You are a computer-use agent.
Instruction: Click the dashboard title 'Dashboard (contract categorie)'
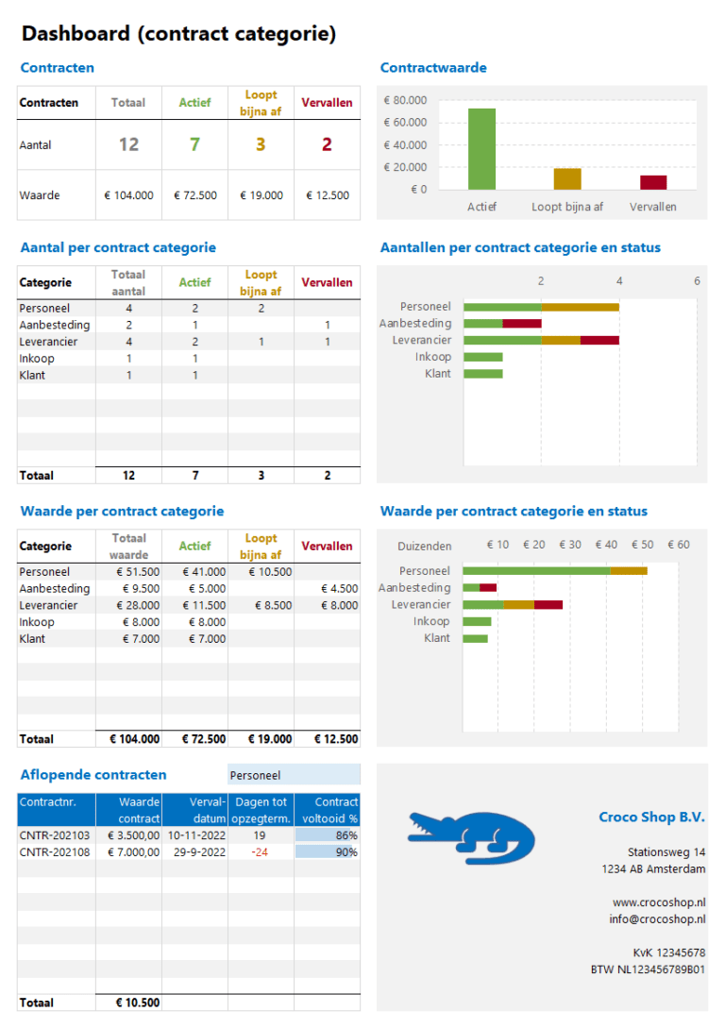coord(178,35)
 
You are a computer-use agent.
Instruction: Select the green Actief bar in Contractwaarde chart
coord(481,149)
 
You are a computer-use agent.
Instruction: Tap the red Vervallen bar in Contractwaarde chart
coord(653,182)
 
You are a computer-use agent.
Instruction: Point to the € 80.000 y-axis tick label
coord(405,100)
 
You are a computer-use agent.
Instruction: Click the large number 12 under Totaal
coord(128,144)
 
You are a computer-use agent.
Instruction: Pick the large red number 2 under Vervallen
coord(327,144)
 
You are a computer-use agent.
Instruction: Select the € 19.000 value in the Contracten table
coord(261,195)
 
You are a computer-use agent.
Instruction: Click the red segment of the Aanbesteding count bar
coord(521,324)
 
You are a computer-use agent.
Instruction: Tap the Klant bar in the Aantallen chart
coord(483,374)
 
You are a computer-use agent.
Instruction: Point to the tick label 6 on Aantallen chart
coord(697,281)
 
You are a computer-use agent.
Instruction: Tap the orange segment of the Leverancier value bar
coord(519,605)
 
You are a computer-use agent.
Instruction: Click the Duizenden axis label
coord(425,546)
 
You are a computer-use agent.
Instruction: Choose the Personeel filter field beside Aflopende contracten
coord(294,775)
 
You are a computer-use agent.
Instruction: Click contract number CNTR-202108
coord(55,852)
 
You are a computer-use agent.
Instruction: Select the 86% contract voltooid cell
coord(328,835)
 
